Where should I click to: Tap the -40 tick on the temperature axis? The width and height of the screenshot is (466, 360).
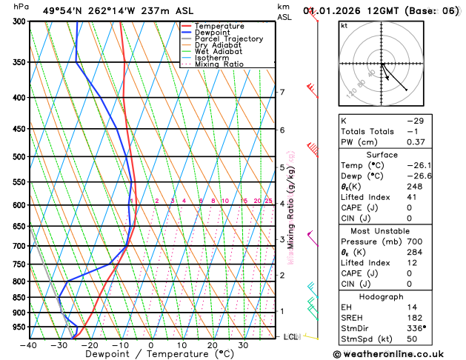tap(28, 344)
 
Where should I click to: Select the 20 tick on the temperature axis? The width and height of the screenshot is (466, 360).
tap(212, 344)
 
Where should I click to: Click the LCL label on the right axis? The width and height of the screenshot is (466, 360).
tap(291, 337)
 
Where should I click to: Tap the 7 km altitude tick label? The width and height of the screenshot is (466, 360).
tap(282, 93)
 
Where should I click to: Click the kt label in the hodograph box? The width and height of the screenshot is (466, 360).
tap(344, 25)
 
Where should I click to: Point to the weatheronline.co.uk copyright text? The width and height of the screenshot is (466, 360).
tap(397, 353)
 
